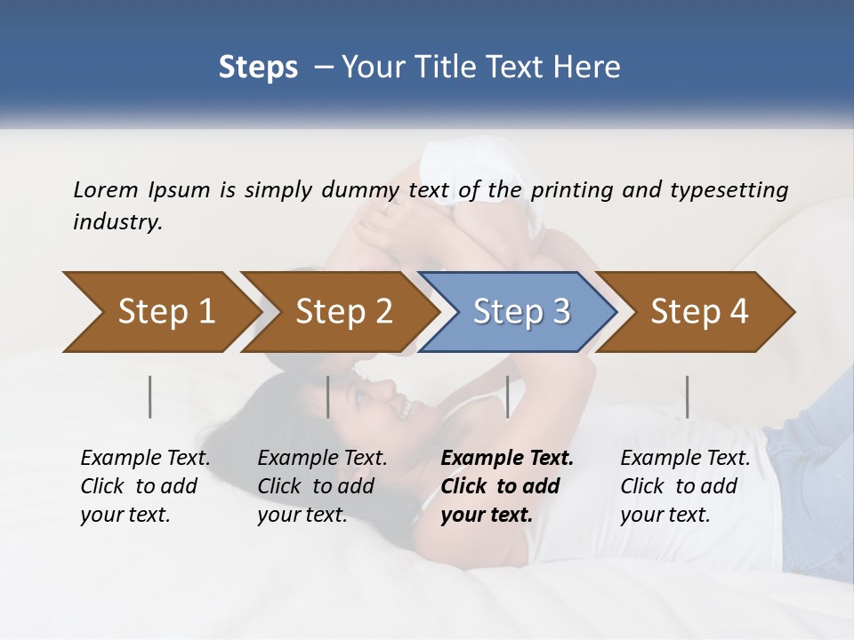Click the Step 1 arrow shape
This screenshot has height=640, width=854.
click(x=160, y=312)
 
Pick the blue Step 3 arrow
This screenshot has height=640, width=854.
click(x=519, y=312)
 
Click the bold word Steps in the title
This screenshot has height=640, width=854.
click(x=258, y=67)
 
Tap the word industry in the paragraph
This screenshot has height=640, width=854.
click(x=117, y=221)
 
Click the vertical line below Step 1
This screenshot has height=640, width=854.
click(x=150, y=396)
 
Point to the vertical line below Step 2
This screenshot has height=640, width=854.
click(x=328, y=396)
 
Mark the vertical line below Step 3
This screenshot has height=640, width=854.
click(x=508, y=396)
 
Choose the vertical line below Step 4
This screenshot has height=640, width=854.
click(x=688, y=396)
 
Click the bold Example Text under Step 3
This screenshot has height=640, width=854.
click(x=507, y=459)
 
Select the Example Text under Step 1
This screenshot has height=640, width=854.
click(x=145, y=459)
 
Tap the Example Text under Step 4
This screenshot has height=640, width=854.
click(x=685, y=459)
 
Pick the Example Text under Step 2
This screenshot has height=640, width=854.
click(x=322, y=459)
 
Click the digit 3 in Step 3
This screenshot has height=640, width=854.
click(x=560, y=312)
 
